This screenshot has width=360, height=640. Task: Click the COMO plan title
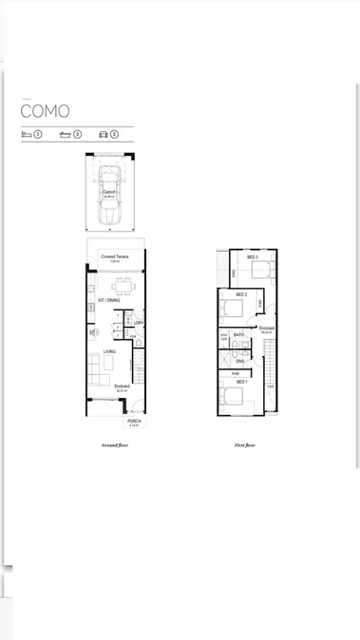45,111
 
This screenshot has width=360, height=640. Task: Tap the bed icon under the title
27,135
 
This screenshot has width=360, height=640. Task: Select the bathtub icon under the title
65,135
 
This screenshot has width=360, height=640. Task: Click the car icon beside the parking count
102,135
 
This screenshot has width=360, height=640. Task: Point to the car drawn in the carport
109,196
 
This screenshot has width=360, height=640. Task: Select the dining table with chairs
124,285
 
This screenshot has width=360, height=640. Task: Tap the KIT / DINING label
109,301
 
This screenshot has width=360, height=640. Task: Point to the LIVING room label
110,351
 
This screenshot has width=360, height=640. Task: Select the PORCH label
134,422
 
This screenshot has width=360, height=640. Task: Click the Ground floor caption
115,444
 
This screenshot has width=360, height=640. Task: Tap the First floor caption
245,444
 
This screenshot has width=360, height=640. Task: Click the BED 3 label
253,257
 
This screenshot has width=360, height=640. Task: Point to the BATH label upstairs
239,334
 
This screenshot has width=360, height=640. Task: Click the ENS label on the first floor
240,362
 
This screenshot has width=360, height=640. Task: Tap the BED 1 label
241,383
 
